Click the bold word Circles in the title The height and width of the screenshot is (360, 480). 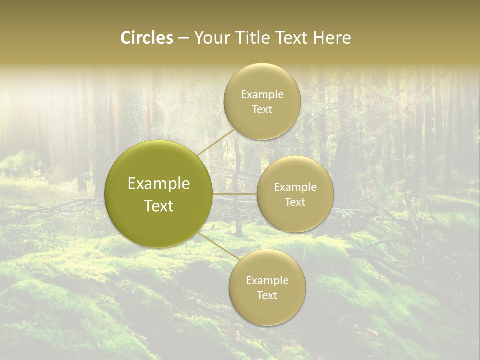click(146, 38)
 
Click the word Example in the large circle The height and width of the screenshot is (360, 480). click(159, 184)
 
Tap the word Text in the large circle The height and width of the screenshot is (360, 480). click(159, 206)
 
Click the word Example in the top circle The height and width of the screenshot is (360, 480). click(262, 95)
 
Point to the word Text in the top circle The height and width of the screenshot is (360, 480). click(262, 110)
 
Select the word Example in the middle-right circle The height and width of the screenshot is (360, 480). click(295, 187)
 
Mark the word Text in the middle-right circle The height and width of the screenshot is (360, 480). click(295, 202)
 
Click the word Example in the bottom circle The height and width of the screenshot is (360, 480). click(267, 281)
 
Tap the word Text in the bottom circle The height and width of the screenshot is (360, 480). click(267, 296)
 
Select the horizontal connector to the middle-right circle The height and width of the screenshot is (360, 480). click(235, 194)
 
